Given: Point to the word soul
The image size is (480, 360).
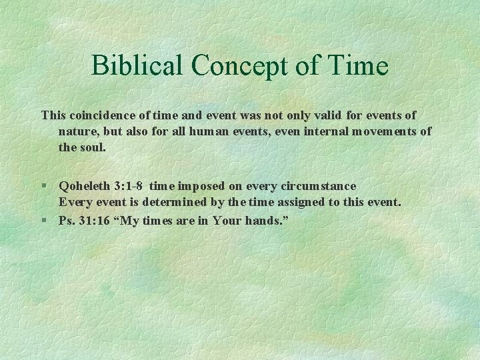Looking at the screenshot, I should click(92, 147).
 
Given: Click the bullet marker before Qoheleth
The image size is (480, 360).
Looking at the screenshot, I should click(45, 186).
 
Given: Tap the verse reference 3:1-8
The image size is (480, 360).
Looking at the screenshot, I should click(130, 186).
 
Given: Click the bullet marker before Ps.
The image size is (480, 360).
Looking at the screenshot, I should click(45, 219).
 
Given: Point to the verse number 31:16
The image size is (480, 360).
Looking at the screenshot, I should click(97, 219).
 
